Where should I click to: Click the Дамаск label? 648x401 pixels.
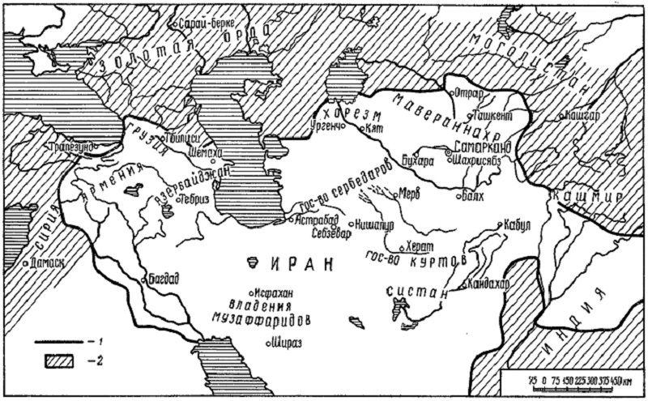pos(45,263)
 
